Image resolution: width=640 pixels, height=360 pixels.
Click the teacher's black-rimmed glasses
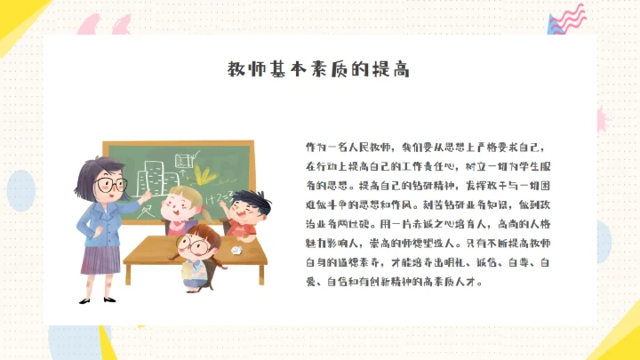(110, 185)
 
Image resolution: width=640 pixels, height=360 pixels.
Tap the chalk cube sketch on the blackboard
(186, 159)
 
